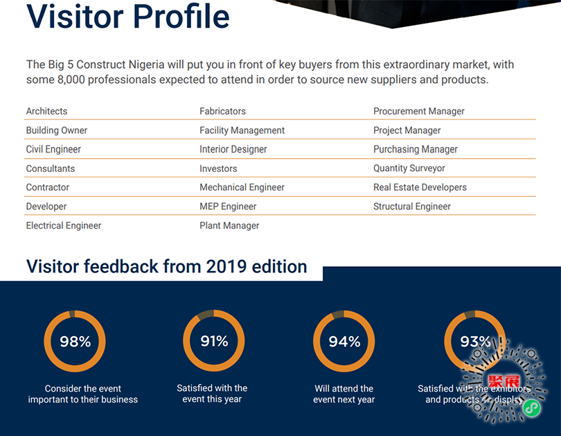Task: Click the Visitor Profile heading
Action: coord(128,16)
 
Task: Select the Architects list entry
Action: coord(47,111)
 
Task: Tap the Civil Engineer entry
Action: coord(53,149)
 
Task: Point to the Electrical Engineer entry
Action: coord(64,225)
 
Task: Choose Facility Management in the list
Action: coord(242,130)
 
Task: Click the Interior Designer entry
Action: coord(233,149)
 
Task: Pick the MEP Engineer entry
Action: coord(228,207)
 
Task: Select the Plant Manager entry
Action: coord(229,225)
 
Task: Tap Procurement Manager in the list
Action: coord(419,111)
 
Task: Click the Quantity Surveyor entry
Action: coord(409,168)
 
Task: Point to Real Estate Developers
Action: coord(420,187)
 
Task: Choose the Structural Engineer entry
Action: coord(412,207)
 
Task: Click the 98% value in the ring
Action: coord(75,341)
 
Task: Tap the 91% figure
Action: coord(214,340)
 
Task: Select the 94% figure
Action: coord(344,341)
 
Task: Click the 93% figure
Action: coord(475,341)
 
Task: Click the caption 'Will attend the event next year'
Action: coord(344,394)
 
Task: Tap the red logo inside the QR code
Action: coord(504,381)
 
